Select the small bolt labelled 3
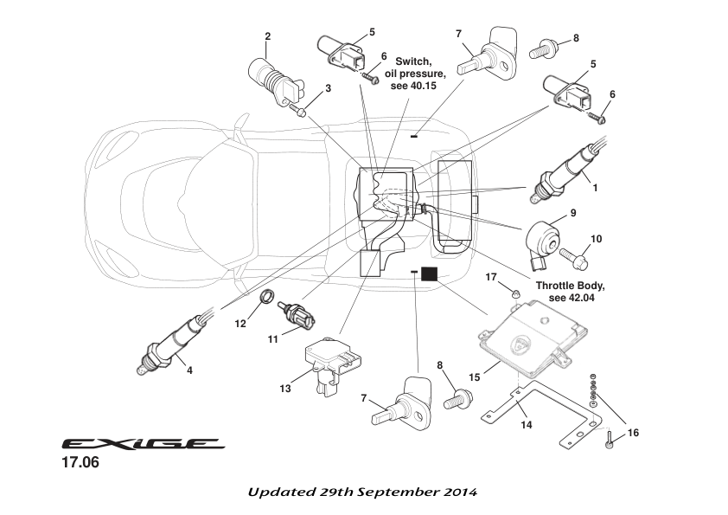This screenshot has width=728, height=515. (x=298, y=111)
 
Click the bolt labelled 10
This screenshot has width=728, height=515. (x=574, y=256)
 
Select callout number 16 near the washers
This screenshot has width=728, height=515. (x=633, y=433)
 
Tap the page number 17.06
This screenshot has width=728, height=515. (x=80, y=464)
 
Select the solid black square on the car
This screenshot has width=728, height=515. (x=430, y=274)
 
